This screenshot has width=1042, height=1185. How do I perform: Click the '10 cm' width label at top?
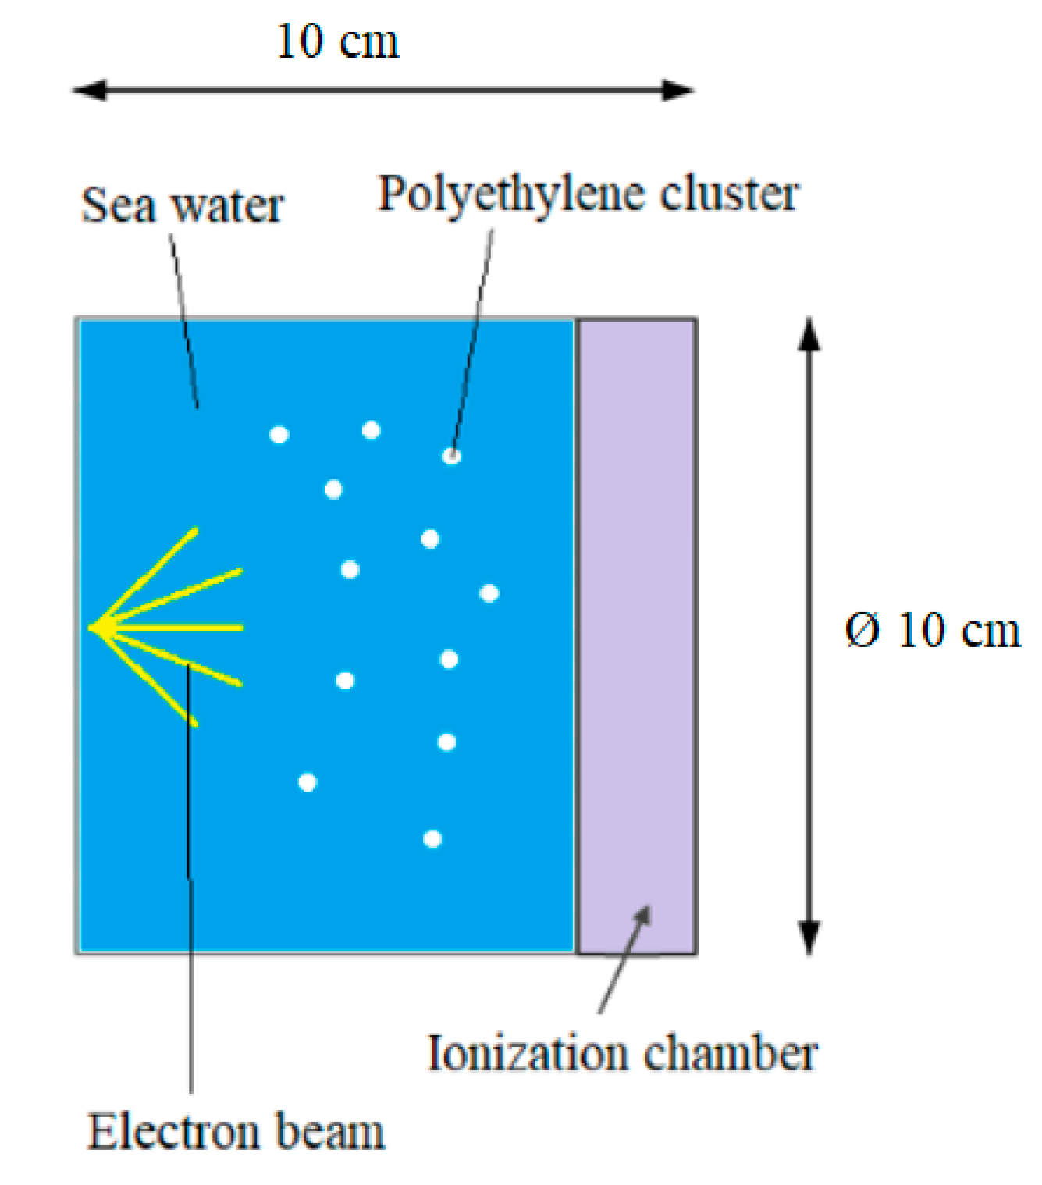point(337,42)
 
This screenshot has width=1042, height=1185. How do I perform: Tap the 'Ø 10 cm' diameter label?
point(932,631)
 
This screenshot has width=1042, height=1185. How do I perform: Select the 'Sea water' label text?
point(182,206)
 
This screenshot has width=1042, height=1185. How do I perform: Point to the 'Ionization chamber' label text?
point(622,1054)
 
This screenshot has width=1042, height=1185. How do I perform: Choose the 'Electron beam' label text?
point(236,1133)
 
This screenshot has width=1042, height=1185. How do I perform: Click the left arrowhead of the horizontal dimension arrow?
point(87,91)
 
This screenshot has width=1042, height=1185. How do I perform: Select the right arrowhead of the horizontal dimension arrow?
point(679,91)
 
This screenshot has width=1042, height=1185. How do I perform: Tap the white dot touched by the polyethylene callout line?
point(451,456)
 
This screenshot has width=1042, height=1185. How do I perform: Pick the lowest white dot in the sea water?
point(432,839)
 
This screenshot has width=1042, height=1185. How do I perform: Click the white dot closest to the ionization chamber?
point(489,593)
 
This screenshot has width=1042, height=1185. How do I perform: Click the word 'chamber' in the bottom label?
point(731,1054)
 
